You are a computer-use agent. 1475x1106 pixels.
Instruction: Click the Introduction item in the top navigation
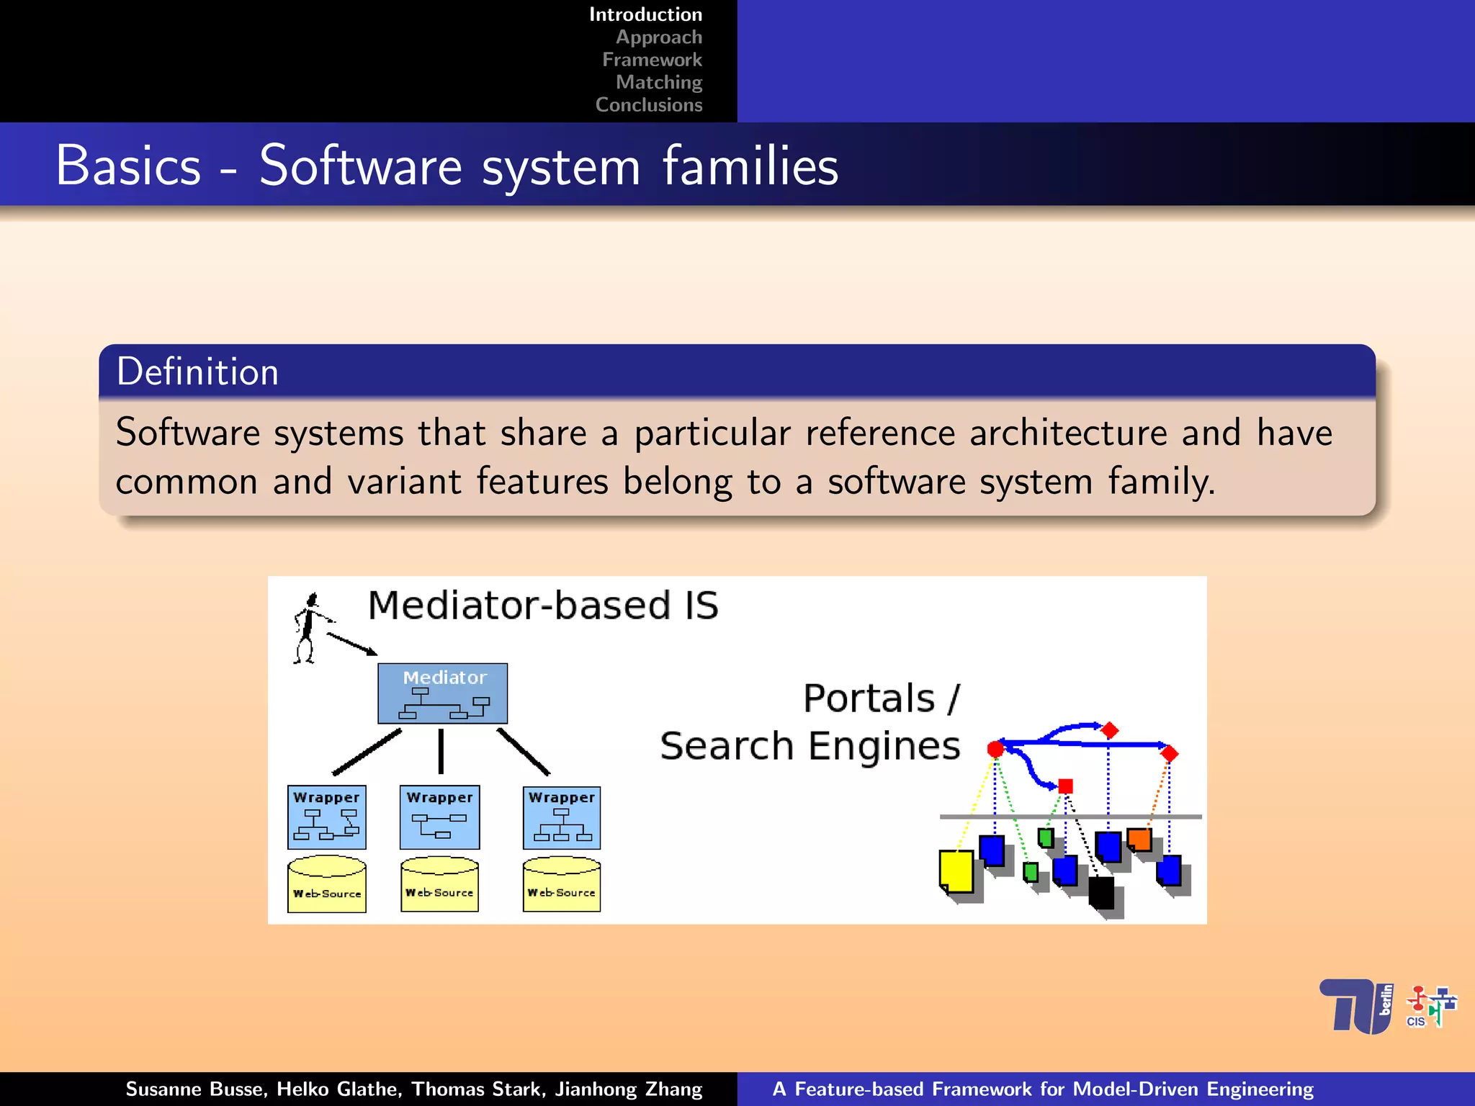click(x=645, y=14)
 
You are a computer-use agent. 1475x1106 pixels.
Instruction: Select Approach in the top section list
click(x=658, y=37)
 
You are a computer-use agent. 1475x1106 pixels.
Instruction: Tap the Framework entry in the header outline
click(x=652, y=60)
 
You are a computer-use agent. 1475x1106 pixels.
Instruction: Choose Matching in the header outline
click(x=658, y=82)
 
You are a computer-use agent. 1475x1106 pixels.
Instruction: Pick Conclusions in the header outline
click(x=648, y=105)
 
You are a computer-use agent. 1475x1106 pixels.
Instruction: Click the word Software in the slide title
click(x=360, y=166)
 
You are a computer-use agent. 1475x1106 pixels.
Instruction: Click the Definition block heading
click(x=197, y=372)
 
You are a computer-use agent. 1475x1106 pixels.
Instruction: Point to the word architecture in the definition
click(x=1067, y=433)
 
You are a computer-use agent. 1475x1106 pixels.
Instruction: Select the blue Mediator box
click(x=442, y=693)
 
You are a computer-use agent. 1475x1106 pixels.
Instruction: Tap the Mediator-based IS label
click(x=542, y=605)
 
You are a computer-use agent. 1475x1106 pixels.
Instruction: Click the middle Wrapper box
click(x=439, y=817)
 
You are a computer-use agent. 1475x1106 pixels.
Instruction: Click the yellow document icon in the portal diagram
click(x=956, y=871)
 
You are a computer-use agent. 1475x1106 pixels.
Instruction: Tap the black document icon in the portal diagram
click(x=1100, y=893)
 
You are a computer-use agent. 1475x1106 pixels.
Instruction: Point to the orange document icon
click(x=1139, y=839)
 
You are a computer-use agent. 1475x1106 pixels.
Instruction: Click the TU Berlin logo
click(x=1356, y=1006)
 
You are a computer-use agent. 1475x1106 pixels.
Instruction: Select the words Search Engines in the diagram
click(x=810, y=746)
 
